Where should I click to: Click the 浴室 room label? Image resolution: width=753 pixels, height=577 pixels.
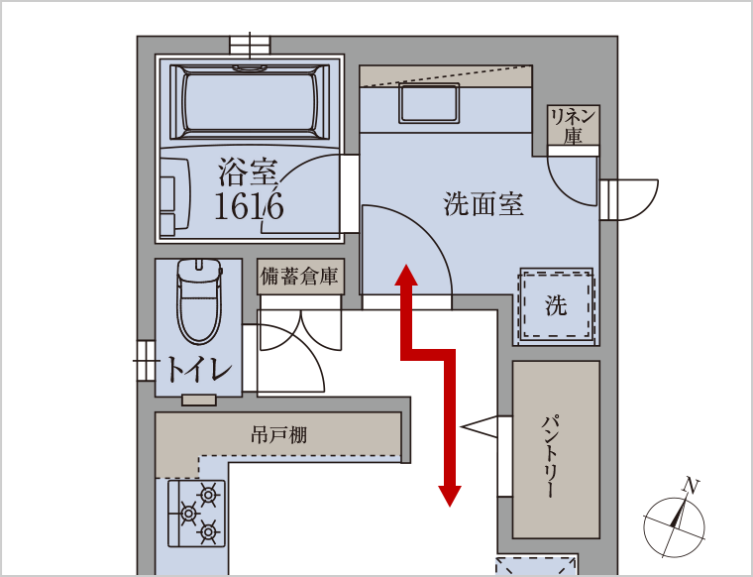tap(248, 172)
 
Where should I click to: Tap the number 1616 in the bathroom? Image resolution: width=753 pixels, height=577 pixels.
tap(249, 206)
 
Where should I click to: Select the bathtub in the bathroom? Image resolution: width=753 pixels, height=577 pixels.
tap(250, 101)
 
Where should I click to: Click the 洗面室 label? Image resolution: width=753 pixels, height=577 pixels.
tap(484, 204)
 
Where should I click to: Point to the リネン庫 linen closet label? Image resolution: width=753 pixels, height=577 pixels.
tap(573, 126)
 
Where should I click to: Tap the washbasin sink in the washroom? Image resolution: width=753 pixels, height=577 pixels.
tap(429, 102)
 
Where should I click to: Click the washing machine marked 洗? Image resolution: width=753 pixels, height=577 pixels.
tap(556, 305)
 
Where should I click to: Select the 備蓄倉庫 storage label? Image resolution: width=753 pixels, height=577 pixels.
tap(299, 277)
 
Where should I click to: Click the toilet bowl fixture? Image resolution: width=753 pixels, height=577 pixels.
tap(199, 301)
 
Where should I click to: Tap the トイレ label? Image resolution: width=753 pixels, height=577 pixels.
tap(198, 370)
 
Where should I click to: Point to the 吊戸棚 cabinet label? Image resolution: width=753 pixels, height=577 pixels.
tap(279, 435)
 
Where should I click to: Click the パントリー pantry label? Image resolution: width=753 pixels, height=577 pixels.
tap(551, 455)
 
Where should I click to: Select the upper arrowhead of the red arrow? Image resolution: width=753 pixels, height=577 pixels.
tap(406, 276)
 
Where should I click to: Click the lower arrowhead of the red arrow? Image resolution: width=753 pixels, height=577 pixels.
tap(450, 496)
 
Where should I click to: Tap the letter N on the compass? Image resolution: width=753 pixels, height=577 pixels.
tap(691, 486)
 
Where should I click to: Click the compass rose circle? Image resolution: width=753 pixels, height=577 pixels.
tap(674, 528)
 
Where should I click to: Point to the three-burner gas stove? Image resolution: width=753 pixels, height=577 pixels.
tap(196, 514)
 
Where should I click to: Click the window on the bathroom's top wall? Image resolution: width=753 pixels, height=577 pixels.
tap(250, 45)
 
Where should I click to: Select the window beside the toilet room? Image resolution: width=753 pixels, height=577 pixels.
tap(145, 361)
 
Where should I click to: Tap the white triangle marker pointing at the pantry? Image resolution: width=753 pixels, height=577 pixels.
tap(480, 426)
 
